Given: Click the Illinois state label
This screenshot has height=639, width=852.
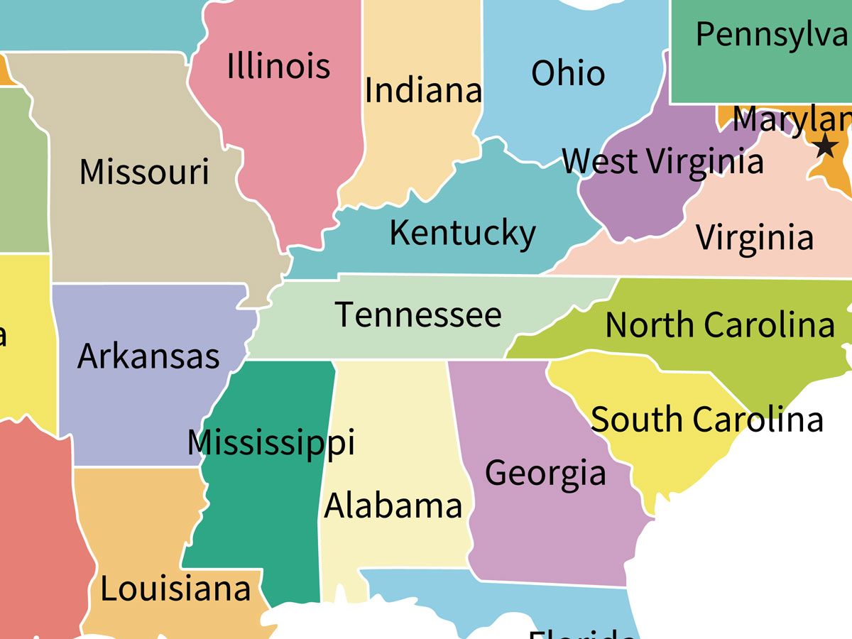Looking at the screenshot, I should click(x=278, y=66).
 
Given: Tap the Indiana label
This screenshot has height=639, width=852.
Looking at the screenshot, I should click(x=423, y=90).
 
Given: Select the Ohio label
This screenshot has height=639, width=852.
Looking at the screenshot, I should click(x=568, y=73).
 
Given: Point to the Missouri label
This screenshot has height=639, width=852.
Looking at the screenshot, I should click(x=144, y=172).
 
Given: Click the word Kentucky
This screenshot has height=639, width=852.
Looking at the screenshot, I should click(x=462, y=234).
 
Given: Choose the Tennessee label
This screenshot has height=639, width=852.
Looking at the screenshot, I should click(x=418, y=315).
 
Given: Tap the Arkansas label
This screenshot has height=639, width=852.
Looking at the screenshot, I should click(x=148, y=356).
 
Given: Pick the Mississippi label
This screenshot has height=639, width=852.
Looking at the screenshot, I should click(x=271, y=443).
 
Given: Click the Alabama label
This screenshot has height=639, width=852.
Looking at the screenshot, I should click(x=393, y=506).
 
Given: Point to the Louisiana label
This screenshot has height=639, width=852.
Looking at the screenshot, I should click(x=175, y=589).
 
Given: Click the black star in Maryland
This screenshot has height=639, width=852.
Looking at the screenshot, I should click(x=825, y=146).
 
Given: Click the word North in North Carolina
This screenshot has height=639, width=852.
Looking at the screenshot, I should click(x=650, y=325).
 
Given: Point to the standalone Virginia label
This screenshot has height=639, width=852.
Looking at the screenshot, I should click(x=754, y=237).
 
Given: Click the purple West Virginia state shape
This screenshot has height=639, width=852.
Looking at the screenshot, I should click(x=632, y=206).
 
